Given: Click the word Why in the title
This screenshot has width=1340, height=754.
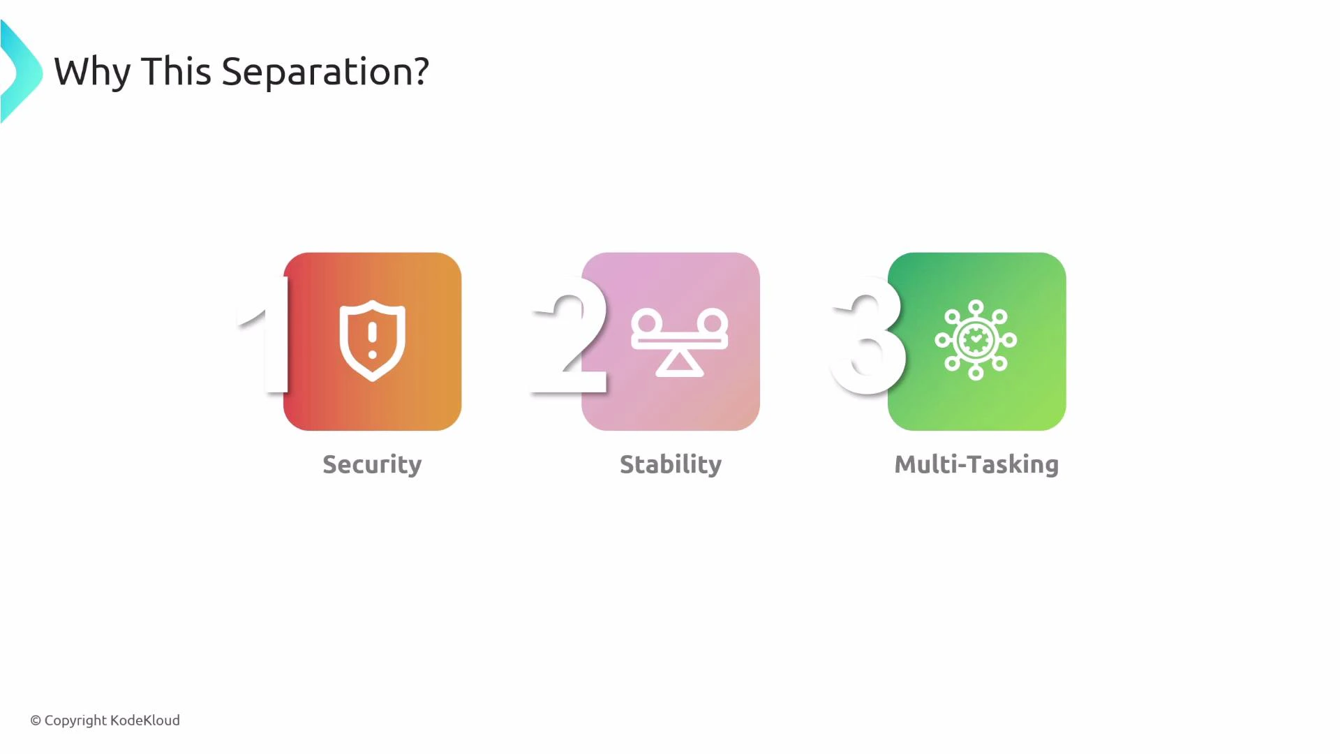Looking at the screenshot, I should pos(92,72).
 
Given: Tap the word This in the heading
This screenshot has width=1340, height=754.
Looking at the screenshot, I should pos(176,71).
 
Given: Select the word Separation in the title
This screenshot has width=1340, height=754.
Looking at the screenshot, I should pos(312,72).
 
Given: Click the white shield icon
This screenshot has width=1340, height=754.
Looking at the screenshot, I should pos(372,341).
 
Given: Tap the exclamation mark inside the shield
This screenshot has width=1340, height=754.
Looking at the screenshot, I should pos(372,338).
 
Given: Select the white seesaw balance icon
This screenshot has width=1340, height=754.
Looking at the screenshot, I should pos(679,341).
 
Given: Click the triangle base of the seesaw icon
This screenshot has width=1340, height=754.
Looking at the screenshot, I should pos(679,364).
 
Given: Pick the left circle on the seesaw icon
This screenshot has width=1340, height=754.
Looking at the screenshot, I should pos(647,323).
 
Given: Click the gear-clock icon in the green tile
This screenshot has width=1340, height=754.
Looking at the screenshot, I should pos(976,340).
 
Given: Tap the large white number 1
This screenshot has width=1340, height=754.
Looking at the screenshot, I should pos(268,335).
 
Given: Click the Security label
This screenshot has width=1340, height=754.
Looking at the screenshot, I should pos(372,465).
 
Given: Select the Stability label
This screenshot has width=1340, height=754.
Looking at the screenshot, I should pos(671,465).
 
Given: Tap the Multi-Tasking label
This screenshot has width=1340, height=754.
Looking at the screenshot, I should pos(976,465).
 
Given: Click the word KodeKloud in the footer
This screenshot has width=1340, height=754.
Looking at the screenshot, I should pos(145,720).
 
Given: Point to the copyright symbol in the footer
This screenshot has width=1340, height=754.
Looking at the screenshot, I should pos(36,720).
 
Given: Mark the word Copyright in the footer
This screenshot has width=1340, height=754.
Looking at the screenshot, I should pos(75,720).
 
